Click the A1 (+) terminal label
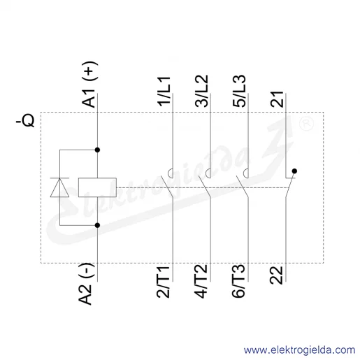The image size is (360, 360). (89, 85)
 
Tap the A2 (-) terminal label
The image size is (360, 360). (86, 284)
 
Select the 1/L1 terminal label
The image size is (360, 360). (164, 91)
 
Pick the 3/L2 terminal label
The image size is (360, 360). (201, 91)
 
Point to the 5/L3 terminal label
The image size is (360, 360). (239, 91)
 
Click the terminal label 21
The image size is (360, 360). (277, 99)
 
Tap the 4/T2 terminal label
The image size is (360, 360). (201, 281)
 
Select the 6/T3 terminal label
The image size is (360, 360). (238, 281)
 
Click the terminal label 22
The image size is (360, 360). (276, 275)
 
